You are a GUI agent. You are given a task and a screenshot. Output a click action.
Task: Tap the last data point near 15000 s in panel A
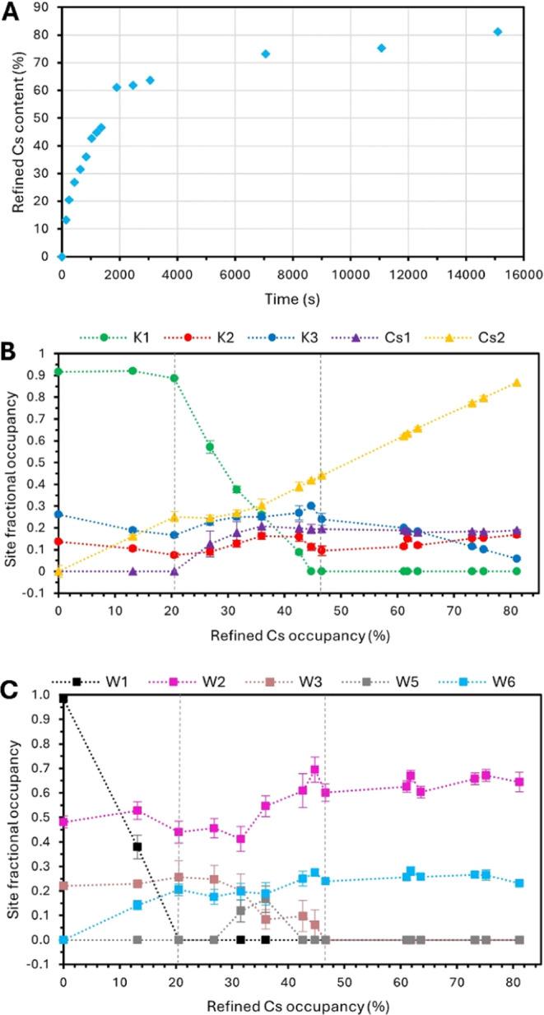tap(497, 32)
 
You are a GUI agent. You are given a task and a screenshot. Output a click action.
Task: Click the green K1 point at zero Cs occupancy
tap(58, 372)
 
